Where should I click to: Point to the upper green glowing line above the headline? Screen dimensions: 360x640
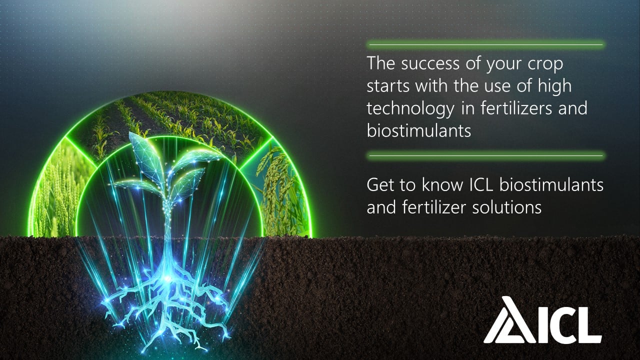[x=485, y=45]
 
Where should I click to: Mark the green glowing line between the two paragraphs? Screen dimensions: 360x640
[x=485, y=155]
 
